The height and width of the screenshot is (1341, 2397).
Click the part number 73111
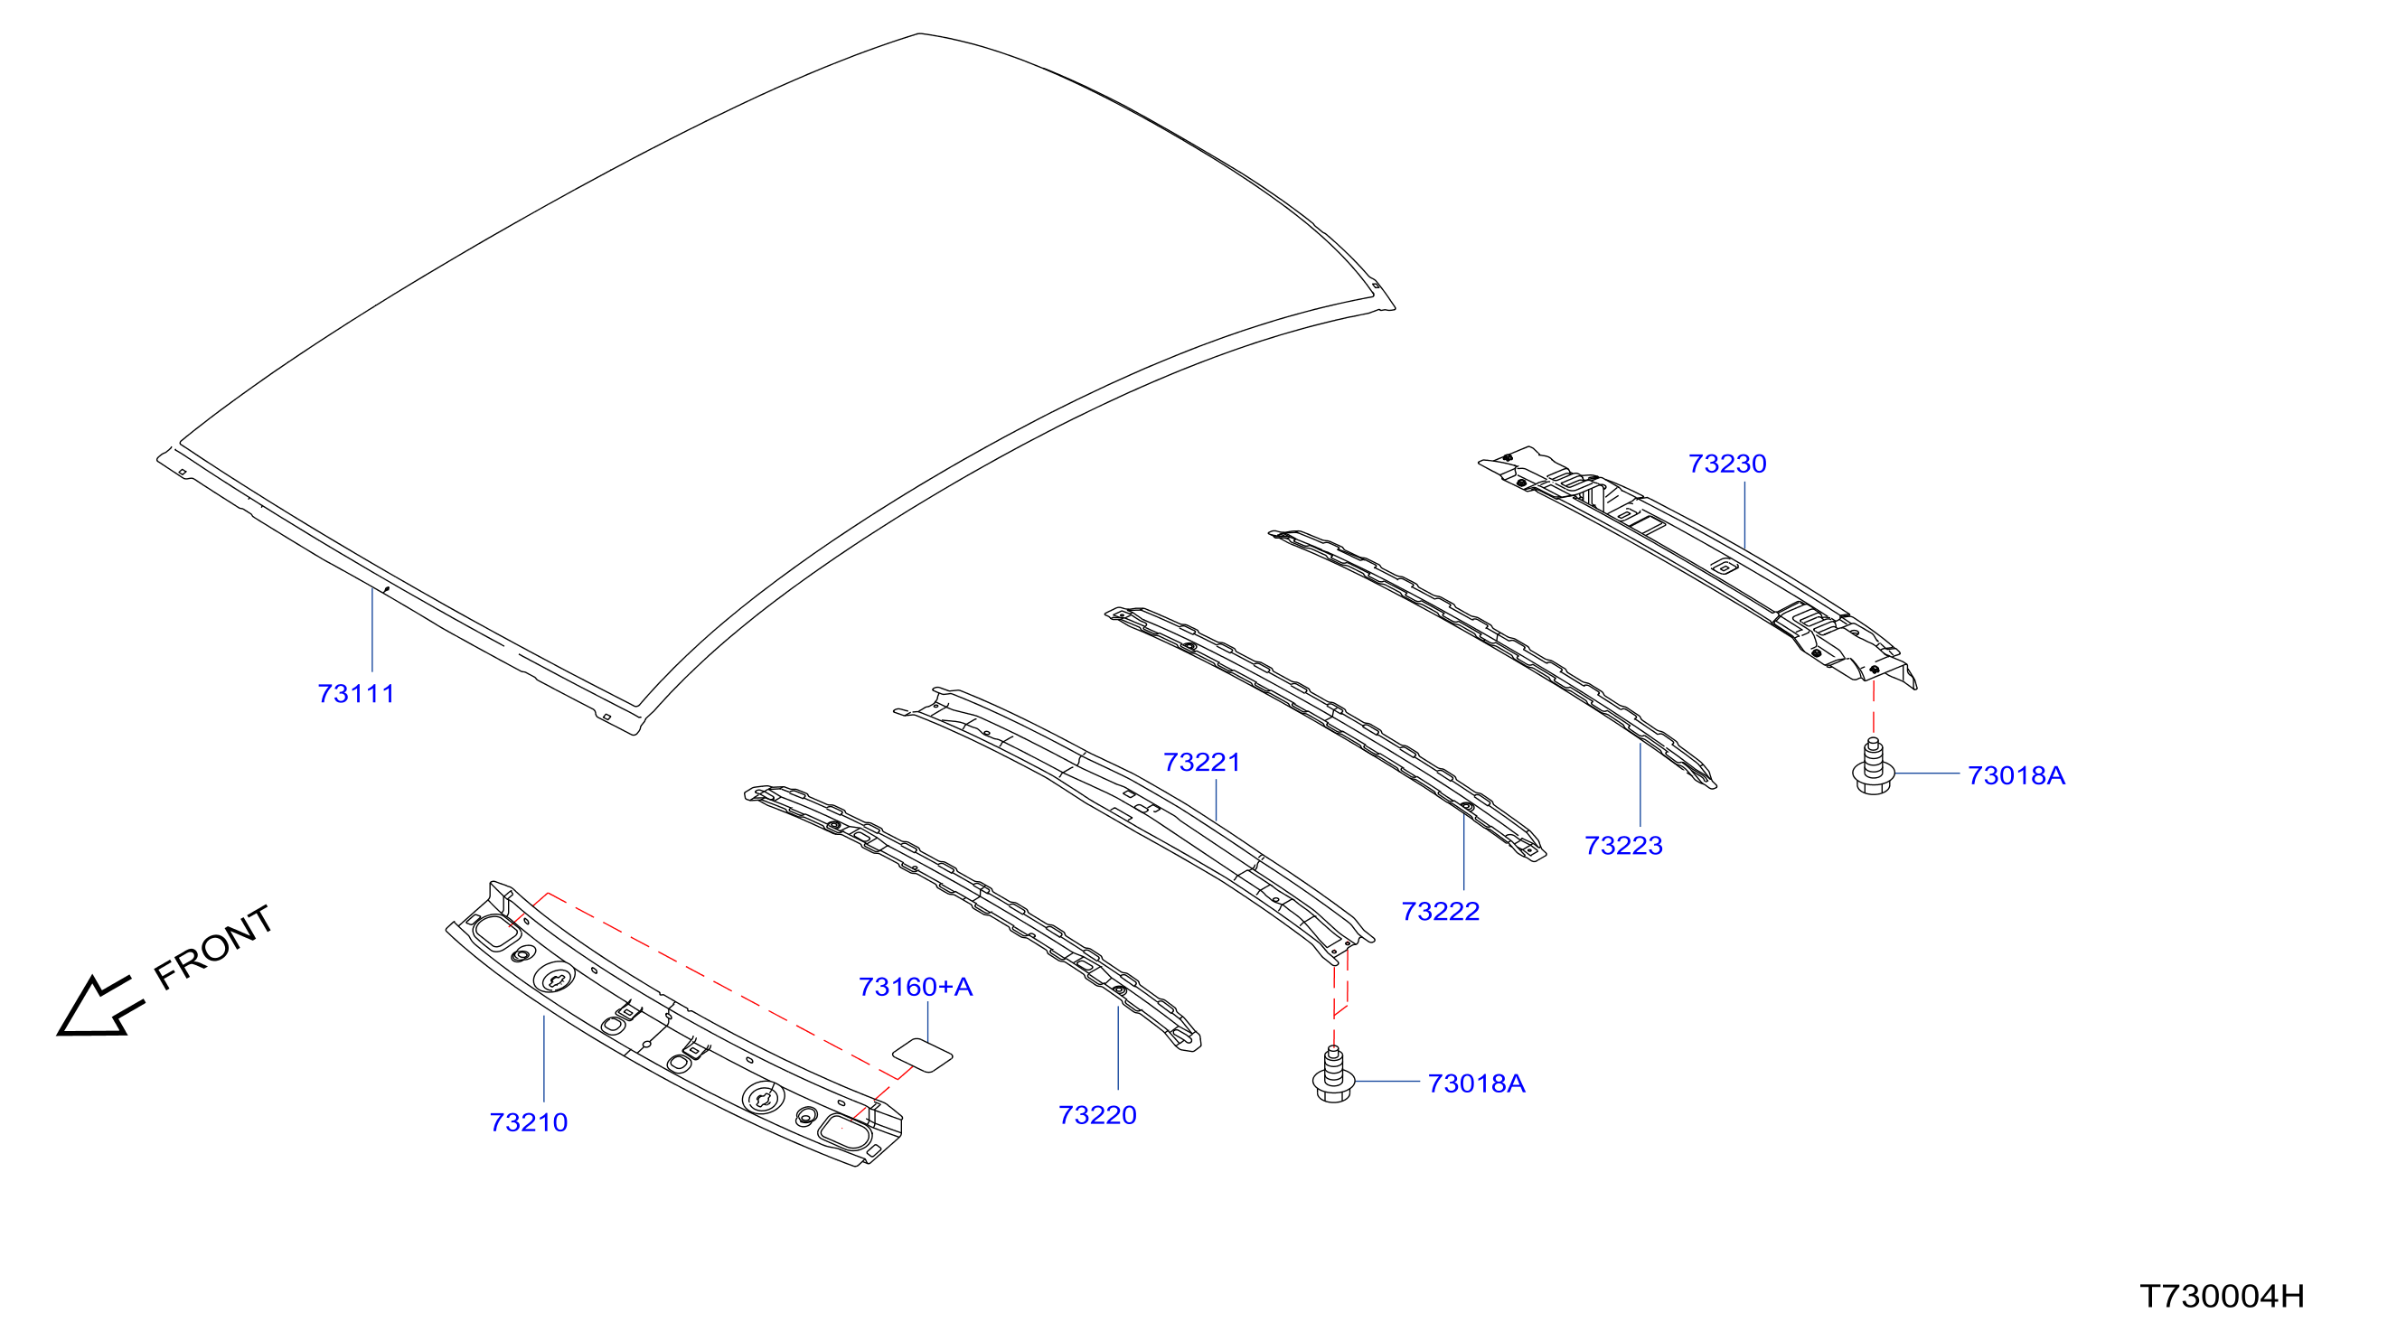click(x=356, y=694)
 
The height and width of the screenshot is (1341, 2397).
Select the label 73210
click(x=529, y=1123)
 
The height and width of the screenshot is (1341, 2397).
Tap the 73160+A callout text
click(x=916, y=988)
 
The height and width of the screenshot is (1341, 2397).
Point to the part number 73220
click(x=1097, y=1116)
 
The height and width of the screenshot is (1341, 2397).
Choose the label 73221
click(x=1202, y=763)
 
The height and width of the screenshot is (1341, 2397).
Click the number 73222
click(x=1441, y=912)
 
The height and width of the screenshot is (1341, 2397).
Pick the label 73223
click(x=1623, y=846)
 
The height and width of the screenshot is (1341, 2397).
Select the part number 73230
click(x=1728, y=464)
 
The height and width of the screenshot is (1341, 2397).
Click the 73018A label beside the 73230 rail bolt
click(x=2016, y=776)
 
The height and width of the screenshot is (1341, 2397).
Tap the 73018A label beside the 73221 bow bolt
click(x=1477, y=1084)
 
